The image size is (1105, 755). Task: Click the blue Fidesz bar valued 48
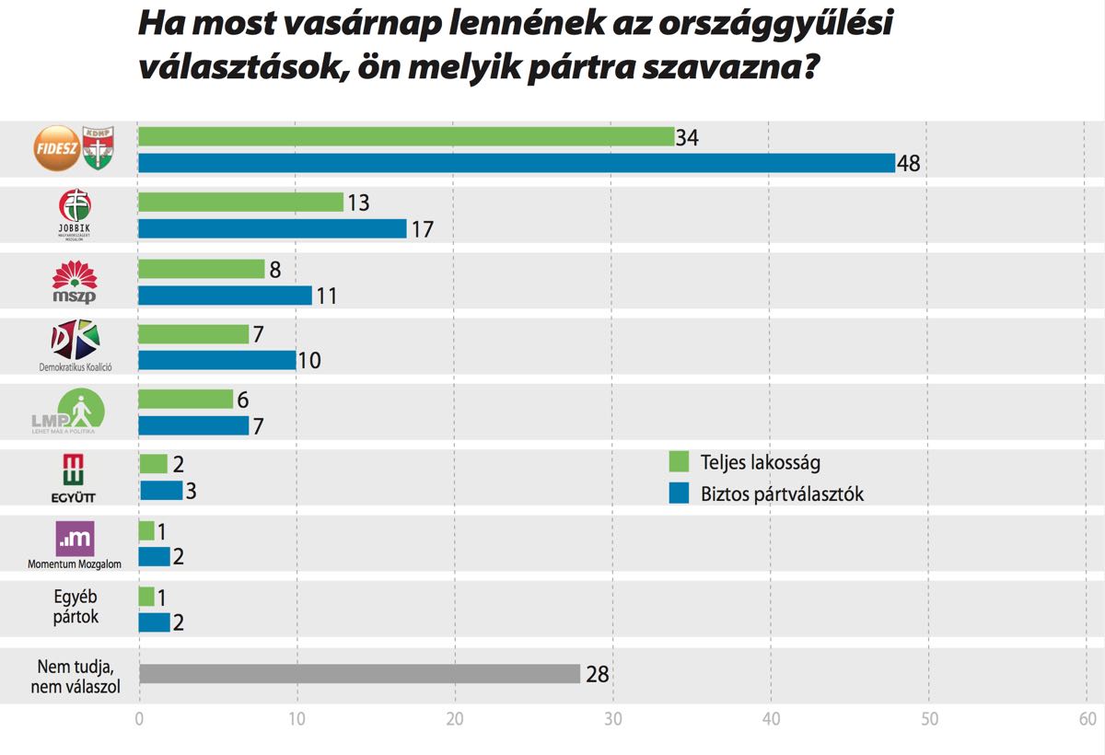517,163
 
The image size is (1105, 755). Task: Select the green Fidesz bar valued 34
406,137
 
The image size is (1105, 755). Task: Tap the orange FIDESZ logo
56,147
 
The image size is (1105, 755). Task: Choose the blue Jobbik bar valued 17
273,229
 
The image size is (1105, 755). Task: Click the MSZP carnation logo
75,280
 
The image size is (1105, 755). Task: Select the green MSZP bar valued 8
201,269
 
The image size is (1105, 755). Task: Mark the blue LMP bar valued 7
193,425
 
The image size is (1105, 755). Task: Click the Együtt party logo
75,477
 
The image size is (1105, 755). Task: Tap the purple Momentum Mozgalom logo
75,539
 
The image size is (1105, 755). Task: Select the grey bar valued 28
359,674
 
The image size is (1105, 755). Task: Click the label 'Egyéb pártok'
75,606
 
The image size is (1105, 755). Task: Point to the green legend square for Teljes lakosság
680,460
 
